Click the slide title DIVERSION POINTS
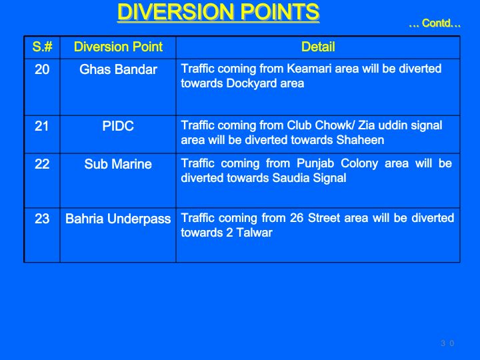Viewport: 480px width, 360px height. pyautogui.click(x=218, y=12)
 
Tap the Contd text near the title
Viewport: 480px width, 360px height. pyautogui.click(x=435, y=23)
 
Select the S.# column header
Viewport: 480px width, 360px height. pyautogui.click(x=42, y=47)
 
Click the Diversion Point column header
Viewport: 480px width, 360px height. pyautogui.click(x=118, y=47)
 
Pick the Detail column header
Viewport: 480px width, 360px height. pyautogui.click(x=318, y=47)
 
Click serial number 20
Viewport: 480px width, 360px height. pyautogui.click(x=42, y=69)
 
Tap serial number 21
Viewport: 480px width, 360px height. pyautogui.click(x=42, y=126)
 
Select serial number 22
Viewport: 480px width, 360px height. pyautogui.click(x=42, y=164)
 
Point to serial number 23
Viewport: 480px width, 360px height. pyautogui.click(x=42, y=219)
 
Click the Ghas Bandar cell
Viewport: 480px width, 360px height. pyautogui.click(x=118, y=69)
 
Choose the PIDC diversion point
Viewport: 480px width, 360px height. pyautogui.click(x=118, y=126)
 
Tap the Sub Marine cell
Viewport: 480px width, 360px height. pyautogui.click(x=118, y=164)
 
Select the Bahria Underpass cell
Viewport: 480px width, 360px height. pyautogui.click(x=118, y=219)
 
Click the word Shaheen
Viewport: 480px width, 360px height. pyautogui.click(x=360, y=140)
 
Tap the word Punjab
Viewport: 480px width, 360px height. pyautogui.click(x=315, y=163)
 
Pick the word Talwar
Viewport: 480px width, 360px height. pyautogui.click(x=255, y=233)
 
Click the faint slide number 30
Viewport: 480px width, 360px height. pyautogui.click(x=447, y=343)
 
